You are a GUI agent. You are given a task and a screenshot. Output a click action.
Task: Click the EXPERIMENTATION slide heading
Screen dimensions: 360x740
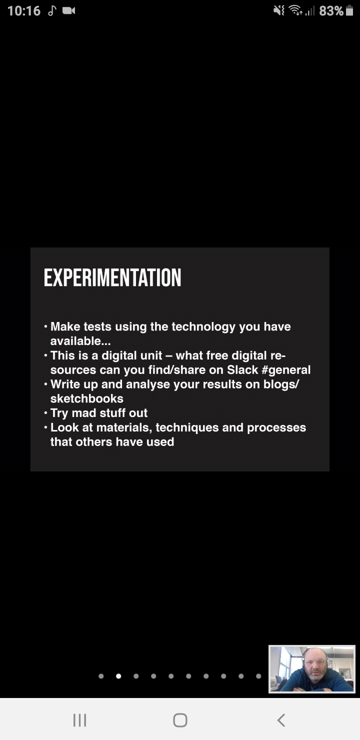click(x=112, y=277)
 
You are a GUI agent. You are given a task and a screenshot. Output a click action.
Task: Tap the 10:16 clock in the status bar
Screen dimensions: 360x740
click(x=24, y=11)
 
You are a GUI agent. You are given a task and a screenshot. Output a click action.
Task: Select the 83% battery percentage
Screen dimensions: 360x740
click(x=331, y=11)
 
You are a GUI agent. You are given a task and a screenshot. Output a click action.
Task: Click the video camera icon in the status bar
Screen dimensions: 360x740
click(x=69, y=11)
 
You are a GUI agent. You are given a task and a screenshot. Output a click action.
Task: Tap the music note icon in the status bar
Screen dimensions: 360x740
click(x=52, y=11)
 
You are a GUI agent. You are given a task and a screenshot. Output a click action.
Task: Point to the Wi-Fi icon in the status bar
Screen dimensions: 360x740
click(x=295, y=10)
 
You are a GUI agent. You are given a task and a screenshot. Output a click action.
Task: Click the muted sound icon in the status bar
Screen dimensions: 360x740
click(x=279, y=11)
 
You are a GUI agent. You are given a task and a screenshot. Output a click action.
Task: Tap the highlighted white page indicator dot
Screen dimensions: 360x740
click(x=118, y=676)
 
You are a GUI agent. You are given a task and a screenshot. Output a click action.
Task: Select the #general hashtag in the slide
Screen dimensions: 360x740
click(x=286, y=370)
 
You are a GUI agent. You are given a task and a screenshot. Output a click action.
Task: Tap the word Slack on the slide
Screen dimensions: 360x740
click(x=242, y=369)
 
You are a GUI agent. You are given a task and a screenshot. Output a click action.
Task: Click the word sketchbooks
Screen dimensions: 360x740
click(x=87, y=398)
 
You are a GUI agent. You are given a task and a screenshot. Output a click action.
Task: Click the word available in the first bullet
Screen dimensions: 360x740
click(x=75, y=341)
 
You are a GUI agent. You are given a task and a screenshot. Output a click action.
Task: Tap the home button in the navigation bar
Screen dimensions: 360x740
click(x=180, y=720)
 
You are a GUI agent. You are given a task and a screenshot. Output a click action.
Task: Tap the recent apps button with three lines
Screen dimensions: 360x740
click(x=79, y=720)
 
